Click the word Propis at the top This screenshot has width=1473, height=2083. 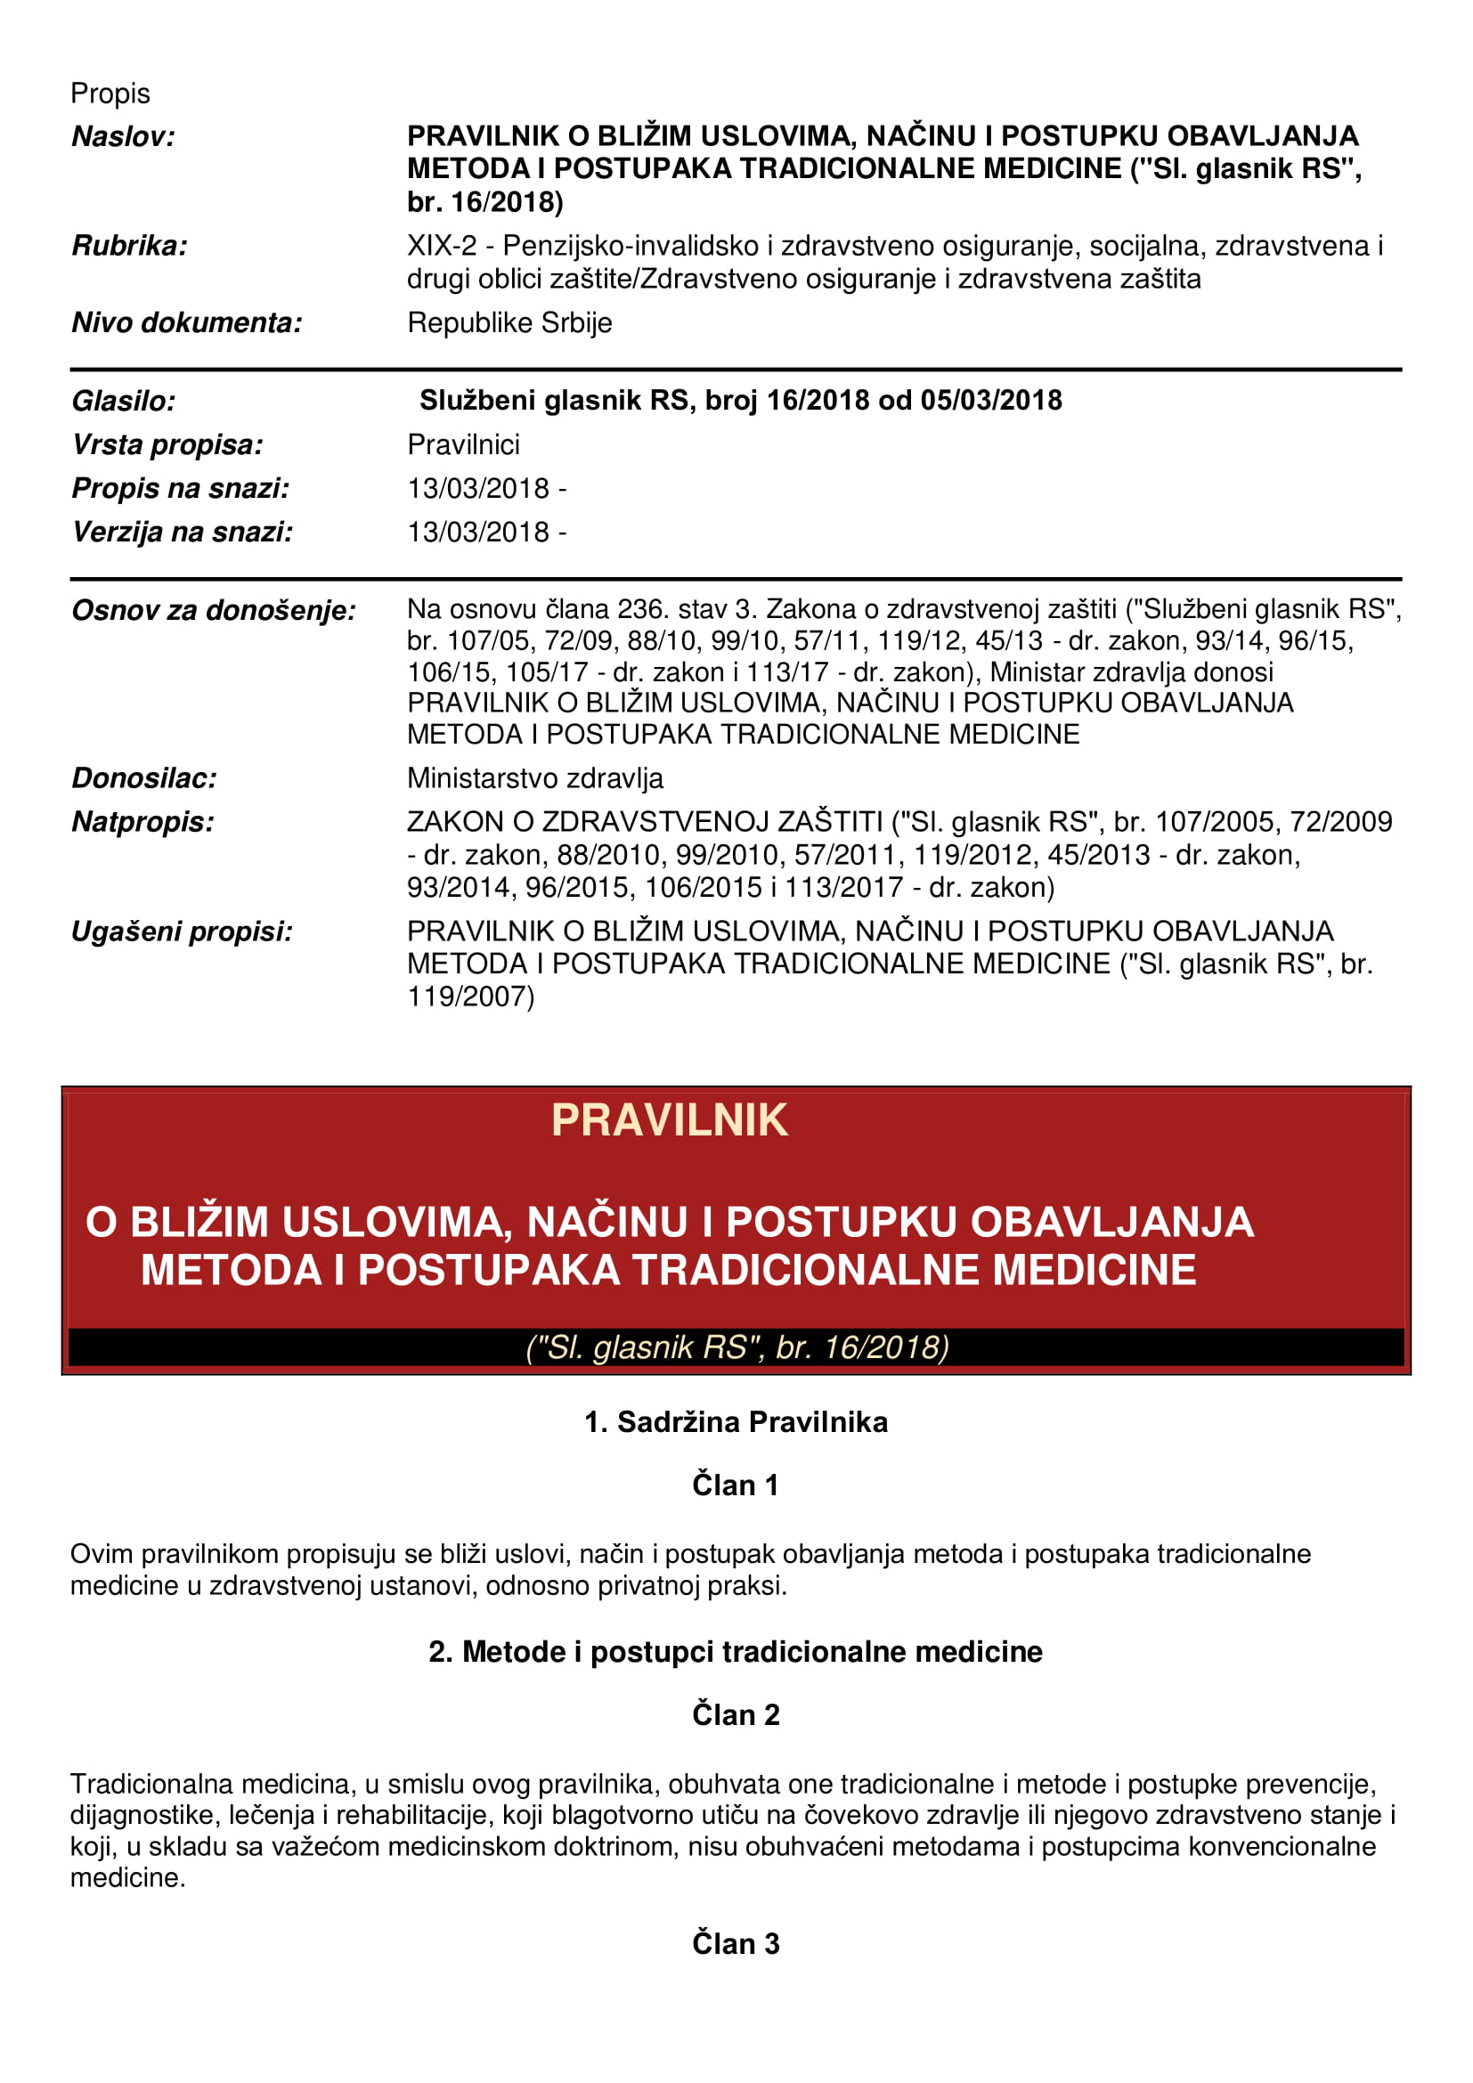[110, 94]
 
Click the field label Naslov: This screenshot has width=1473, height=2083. [124, 137]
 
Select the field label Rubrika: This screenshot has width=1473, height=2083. [130, 246]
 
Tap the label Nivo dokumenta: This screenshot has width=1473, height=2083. [187, 322]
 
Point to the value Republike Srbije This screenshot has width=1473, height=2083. [509, 322]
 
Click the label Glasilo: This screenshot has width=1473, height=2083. [124, 400]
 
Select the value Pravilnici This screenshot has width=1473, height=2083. [462, 444]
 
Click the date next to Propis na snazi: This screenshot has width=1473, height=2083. [478, 488]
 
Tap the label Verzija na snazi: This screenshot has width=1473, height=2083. [183, 532]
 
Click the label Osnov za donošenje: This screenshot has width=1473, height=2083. [213, 611]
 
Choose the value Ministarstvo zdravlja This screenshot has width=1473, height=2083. [534, 777]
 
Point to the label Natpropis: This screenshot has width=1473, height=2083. [142, 822]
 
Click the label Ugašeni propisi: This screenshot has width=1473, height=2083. [183, 932]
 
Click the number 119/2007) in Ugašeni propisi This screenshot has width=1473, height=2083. [470, 997]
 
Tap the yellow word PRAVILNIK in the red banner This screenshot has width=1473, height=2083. [670, 1120]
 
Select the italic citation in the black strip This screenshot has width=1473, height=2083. [736, 1347]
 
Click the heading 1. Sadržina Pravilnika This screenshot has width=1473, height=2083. [736, 1421]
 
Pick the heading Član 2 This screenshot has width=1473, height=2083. [736, 1714]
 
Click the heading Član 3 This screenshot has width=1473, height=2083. [736, 1943]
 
